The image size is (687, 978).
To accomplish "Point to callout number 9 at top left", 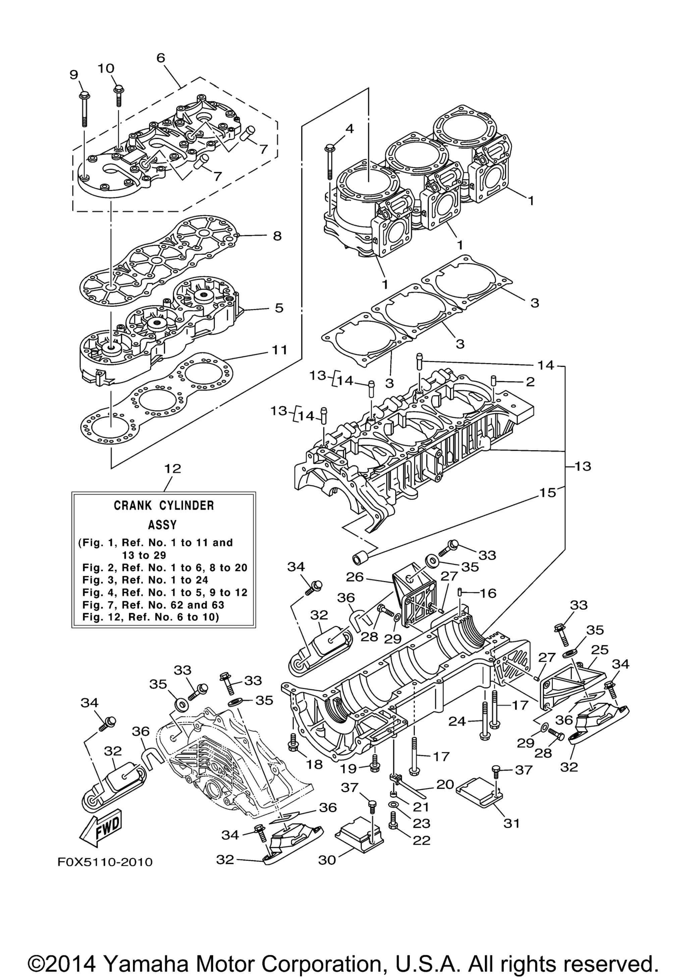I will pyautogui.click(x=74, y=75).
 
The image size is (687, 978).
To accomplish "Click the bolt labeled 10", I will pyautogui.click(x=118, y=96).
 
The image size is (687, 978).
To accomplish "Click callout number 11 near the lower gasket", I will pyautogui.click(x=280, y=350).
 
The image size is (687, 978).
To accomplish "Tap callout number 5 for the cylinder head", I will pyautogui.click(x=279, y=308).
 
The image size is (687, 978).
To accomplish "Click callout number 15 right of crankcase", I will pyautogui.click(x=548, y=492).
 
